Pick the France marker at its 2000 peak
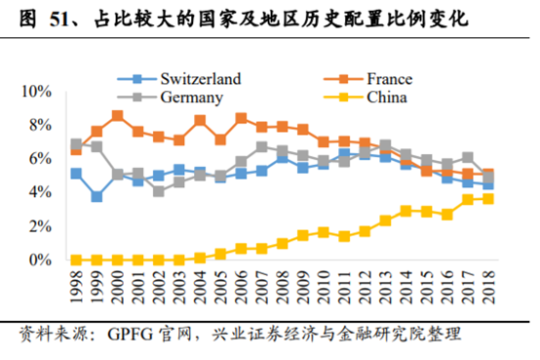(x=117, y=115)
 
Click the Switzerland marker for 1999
(x=96, y=197)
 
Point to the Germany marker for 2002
(x=158, y=191)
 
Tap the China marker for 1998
(x=76, y=260)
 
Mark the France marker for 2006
(x=241, y=118)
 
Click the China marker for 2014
(x=406, y=211)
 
